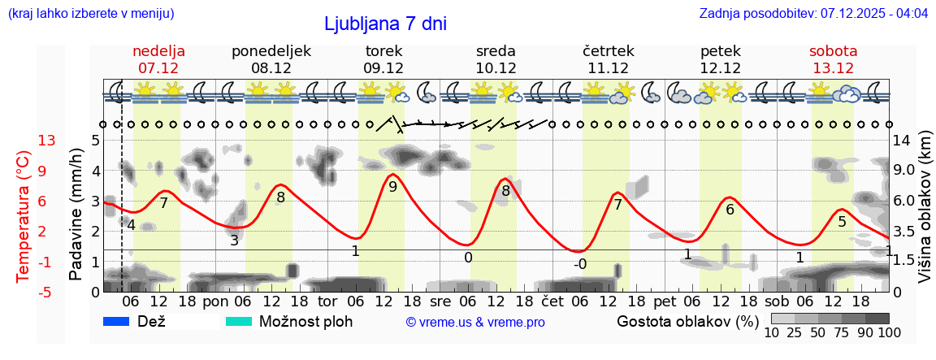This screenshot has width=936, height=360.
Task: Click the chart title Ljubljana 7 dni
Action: tap(385, 24)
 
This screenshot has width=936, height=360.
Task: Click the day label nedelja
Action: tap(159, 51)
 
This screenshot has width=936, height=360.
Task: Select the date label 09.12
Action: tap(383, 68)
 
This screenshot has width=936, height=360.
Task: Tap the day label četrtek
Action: tap(609, 51)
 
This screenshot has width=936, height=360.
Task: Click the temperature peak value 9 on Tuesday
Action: tap(392, 187)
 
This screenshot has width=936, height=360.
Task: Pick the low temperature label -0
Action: tap(579, 264)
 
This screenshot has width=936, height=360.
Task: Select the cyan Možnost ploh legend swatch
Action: tap(239, 322)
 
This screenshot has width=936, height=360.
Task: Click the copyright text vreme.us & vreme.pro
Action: tap(475, 323)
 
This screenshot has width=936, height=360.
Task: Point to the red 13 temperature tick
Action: tap(47, 141)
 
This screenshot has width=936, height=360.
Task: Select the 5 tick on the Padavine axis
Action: tap(95, 141)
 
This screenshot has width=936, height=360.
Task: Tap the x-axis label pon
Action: tap(215, 301)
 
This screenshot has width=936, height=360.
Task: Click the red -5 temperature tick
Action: tap(46, 292)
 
